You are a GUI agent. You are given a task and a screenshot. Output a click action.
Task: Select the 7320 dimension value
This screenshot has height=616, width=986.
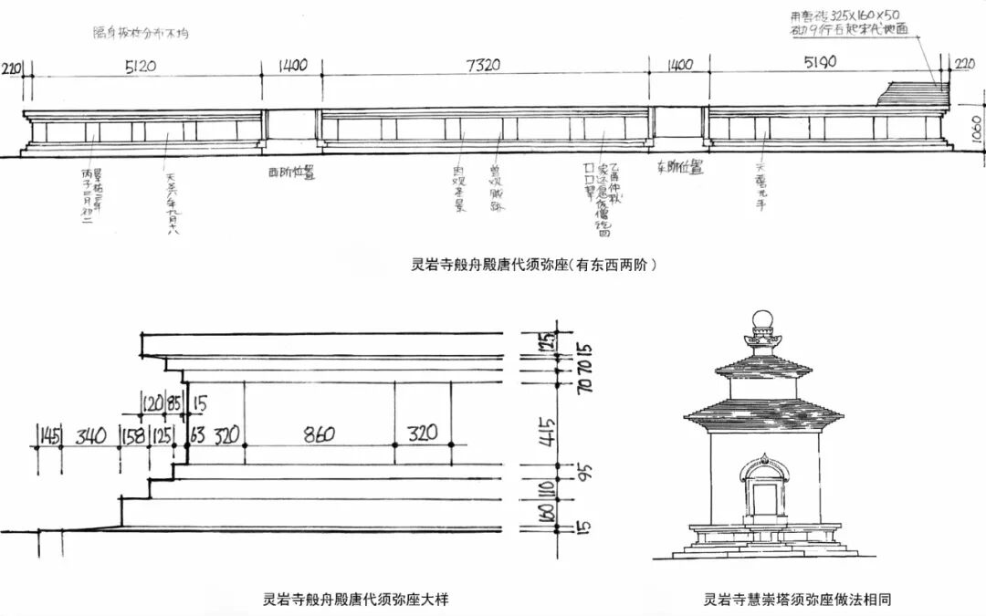(484, 67)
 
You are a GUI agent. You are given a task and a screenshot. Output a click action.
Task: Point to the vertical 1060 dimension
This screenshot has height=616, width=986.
(976, 134)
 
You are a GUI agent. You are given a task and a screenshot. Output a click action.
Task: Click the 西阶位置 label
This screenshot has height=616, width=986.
(291, 172)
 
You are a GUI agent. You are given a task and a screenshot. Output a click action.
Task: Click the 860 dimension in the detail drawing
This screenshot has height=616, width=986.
(317, 433)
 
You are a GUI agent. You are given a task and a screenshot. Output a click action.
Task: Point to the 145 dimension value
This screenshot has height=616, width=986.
(47, 435)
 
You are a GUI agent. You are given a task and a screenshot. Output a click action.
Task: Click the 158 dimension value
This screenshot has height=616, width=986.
(134, 434)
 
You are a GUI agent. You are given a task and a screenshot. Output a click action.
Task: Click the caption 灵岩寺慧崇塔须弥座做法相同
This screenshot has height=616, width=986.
(797, 600)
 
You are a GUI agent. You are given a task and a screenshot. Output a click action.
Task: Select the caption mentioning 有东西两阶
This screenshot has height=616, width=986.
(534, 266)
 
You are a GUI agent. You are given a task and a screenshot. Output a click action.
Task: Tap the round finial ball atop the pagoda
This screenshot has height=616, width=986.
(761, 320)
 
